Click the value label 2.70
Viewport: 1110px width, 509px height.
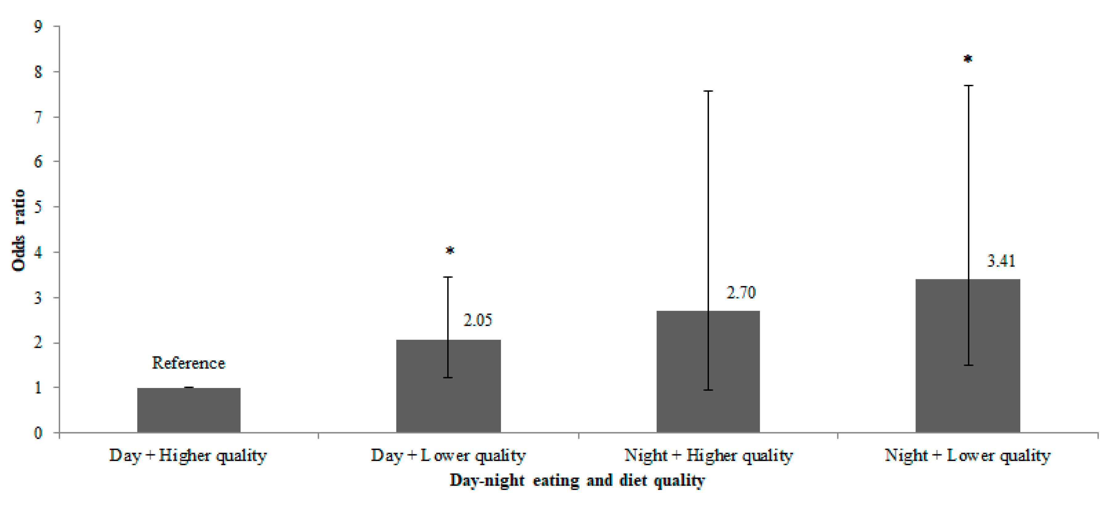tap(741, 293)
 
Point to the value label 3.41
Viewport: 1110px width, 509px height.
tap(1001, 261)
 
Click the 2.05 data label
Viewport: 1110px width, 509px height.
tap(477, 320)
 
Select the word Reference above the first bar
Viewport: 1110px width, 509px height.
tap(188, 363)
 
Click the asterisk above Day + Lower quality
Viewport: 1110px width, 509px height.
tap(449, 251)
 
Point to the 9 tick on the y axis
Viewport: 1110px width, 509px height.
tap(38, 27)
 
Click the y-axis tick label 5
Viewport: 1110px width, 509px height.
tap(38, 207)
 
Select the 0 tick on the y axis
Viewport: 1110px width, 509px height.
tap(38, 433)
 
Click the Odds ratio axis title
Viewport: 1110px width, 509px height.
tap(18, 230)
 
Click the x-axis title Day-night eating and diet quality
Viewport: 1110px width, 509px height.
tap(577, 480)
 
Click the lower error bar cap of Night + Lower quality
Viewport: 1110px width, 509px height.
tap(968, 365)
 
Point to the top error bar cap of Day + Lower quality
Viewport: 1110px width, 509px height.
tap(448, 277)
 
